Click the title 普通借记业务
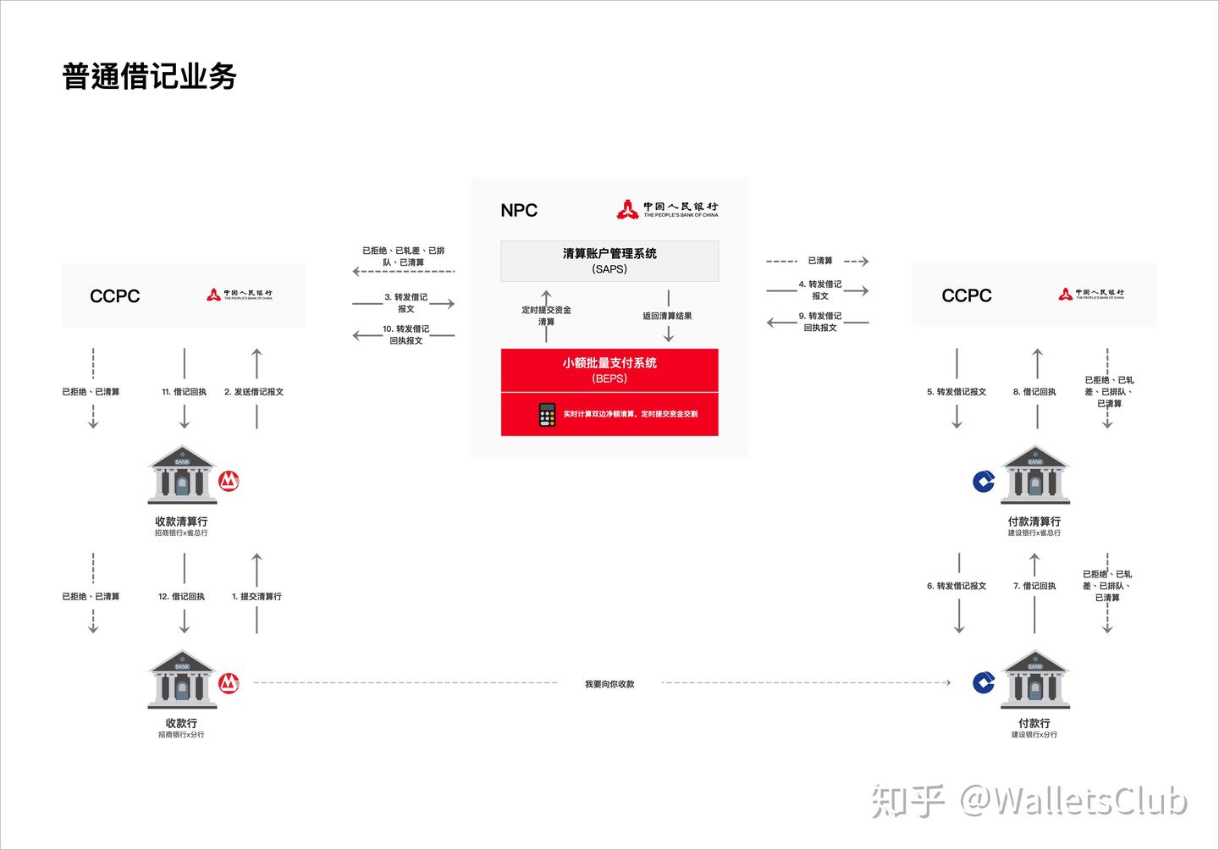[149, 76]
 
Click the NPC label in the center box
[519, 210]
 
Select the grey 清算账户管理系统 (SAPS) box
[609, 261]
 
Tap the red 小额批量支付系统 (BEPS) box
[609, 370]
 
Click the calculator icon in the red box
[547, 414]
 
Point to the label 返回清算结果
[667, 316]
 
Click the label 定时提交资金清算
[546, 316]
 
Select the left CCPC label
[114, 296]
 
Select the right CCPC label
[966, 295]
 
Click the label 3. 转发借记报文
[406, 303]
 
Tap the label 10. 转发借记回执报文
[406, 334]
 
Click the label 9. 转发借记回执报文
[820, 322]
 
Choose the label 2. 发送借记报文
[254, 392]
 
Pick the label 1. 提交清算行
[256, 597]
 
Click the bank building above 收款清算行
[182, 475]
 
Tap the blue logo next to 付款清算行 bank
[984, 482]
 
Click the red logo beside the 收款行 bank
[229, 683]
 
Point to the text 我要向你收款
[609, 684]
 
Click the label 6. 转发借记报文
[957, 586]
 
